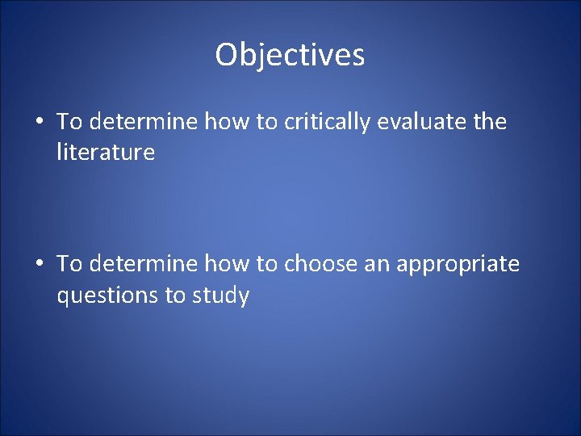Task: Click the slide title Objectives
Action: (x=290, y=55)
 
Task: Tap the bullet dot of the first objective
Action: (x=39, y=123)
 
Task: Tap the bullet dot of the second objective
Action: (x=39, y=265)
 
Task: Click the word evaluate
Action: (x=422, y=122)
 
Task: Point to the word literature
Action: (x=105, y=152)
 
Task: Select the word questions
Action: (x=107, y=296)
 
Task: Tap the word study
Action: (x=220, y=296)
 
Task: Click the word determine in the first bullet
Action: (x=144, y=122)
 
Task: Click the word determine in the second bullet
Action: (x=144, y=264)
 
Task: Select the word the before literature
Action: (x=490, y=122)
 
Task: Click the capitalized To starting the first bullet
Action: (x=69, y=122)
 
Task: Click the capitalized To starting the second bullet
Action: (x=69, y=264)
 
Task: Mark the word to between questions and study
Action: (x=175, y=296)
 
